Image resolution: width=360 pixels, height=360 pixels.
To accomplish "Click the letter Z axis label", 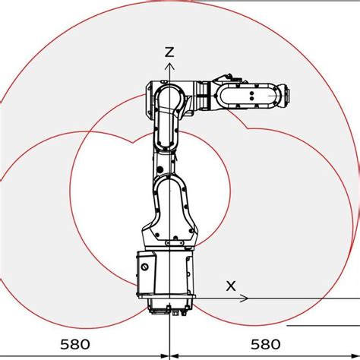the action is [169, 52].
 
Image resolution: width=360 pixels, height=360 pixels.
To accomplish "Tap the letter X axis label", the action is [231, 286].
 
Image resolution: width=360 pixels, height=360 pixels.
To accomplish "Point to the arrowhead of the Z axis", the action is [169, 66].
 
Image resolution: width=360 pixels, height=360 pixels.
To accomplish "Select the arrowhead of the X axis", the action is [244, 298].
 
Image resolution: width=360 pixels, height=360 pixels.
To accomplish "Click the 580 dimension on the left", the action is [75, 344].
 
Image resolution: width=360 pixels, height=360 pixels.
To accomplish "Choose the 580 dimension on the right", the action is [266, 344].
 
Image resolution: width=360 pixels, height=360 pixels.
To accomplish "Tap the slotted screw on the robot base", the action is [145, 267].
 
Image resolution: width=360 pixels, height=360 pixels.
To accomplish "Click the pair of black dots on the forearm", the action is [251, 96].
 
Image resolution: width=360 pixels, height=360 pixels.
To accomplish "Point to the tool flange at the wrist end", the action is [286, 95].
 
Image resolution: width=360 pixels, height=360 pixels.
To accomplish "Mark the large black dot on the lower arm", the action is [159, 169].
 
